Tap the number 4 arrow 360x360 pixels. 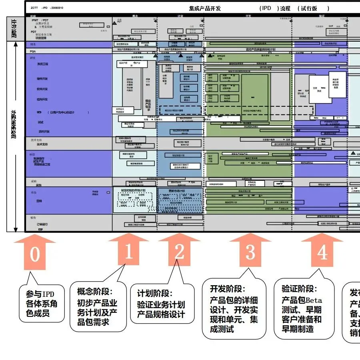(x=322, y=253)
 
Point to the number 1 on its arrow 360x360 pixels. (x=128, y=252)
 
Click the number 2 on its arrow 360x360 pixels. (x=179, y=252)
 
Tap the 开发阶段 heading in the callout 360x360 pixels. (x=227, y=289)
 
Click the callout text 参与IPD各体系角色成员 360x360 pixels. (x=42, y=304)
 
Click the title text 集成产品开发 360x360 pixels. (x=205, y=8)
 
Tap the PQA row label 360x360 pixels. (x=33, y=51)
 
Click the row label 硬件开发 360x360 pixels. (x=42, y=79)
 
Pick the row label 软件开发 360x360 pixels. (x=42, y=89)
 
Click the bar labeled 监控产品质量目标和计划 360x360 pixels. (x=260, y=49)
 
